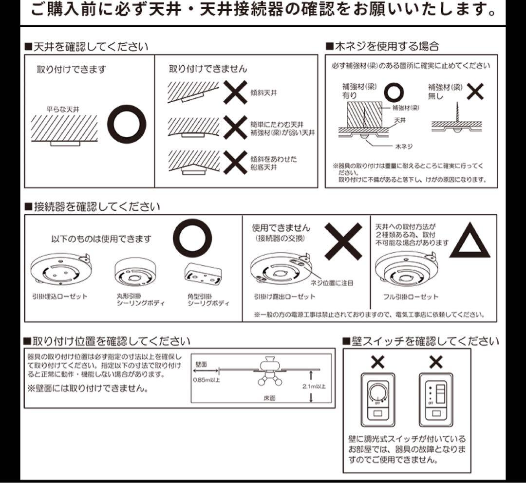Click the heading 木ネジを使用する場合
pos(382,46)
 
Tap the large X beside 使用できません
pos(343,241)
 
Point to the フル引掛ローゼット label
pos(411,297)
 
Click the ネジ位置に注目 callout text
pos(332,283)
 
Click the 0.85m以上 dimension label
pos(206,380)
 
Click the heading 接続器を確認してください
pos(92,206)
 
